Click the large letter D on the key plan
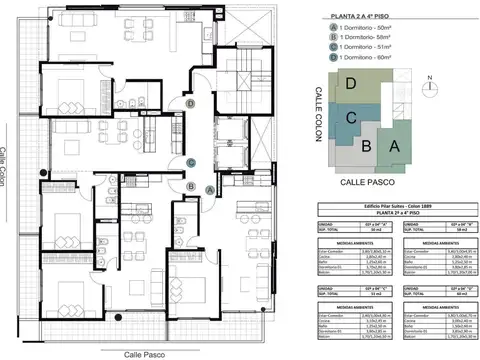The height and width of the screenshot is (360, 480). pyautogui.click(x=351, y=86)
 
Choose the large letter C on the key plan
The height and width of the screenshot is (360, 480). pyautogui.click(x=352, y=119)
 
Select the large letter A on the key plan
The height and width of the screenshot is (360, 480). pyautogui.click(x=394, y=147)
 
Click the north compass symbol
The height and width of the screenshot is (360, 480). pyautogui.click(x=427, y=84)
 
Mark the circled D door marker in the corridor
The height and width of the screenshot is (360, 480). pyautogui.click(x=190, y=102)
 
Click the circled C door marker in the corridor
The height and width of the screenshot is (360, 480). pyautogui.click(x=190, y=163)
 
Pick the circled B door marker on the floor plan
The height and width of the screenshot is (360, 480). pyautogui.click(x=190, y=184)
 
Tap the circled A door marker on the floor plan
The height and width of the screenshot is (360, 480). pyautogui.click(x=209, y=189)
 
